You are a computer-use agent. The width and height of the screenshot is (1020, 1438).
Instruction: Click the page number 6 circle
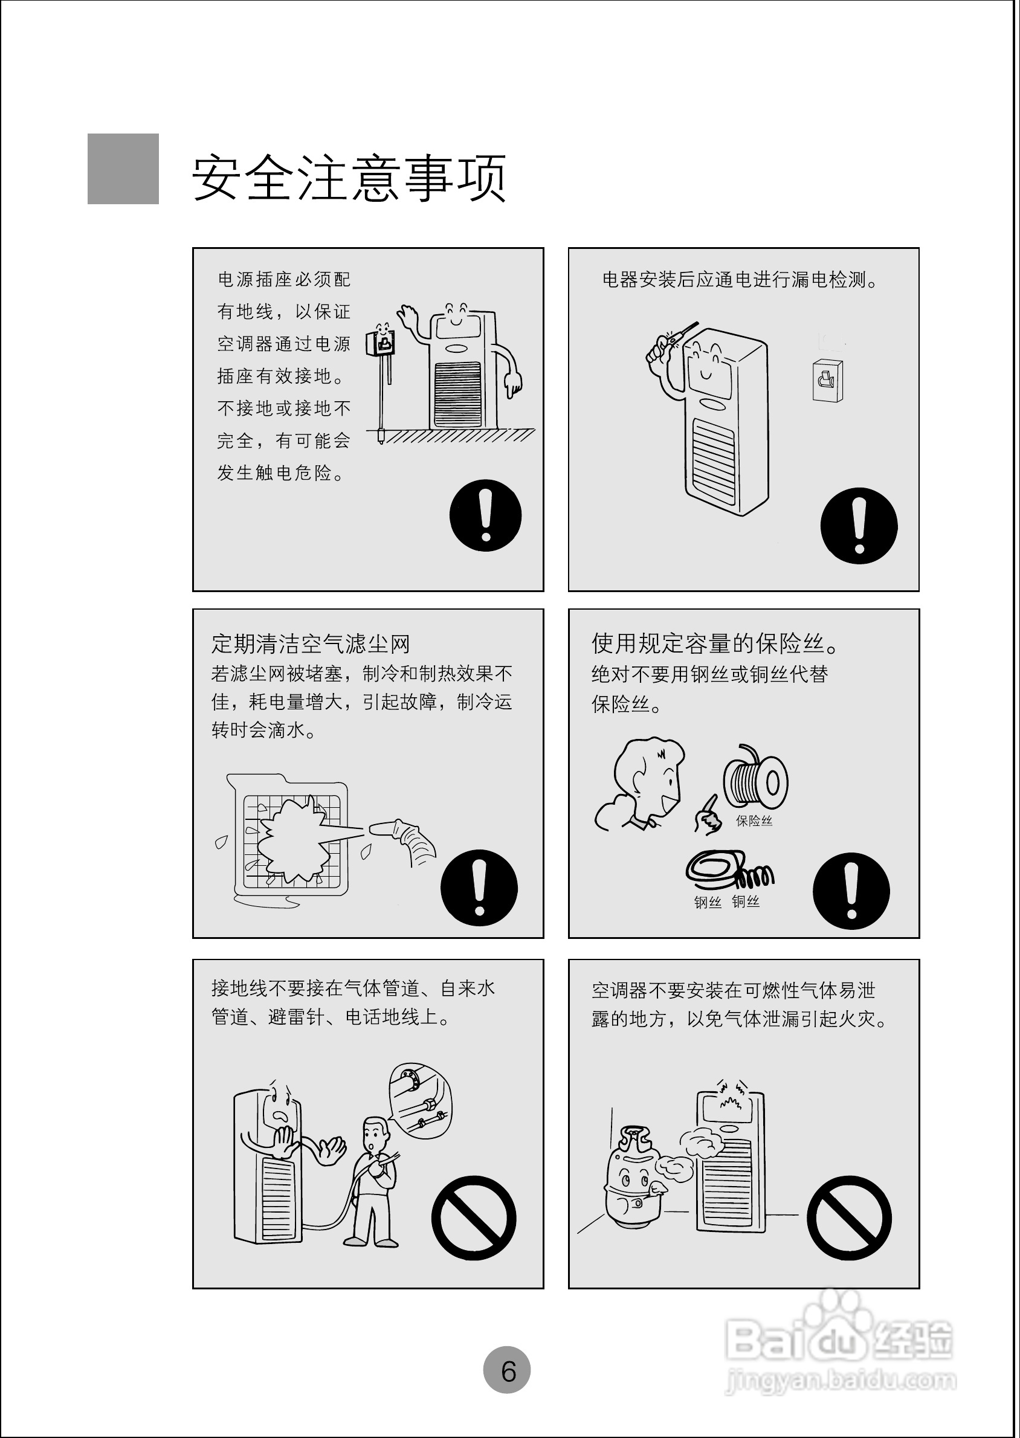[x=506, y=1370]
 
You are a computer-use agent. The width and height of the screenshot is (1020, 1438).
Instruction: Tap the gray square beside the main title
[x=123, y=169]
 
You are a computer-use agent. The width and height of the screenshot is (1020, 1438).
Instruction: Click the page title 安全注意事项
[x=349, y=178]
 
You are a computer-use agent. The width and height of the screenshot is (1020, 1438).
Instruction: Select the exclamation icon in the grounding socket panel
[x=485, y=515]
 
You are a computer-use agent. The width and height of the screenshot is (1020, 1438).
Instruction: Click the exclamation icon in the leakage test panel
[x=859, y=526]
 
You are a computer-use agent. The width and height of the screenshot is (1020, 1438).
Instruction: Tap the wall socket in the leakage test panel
[x=828, y=379]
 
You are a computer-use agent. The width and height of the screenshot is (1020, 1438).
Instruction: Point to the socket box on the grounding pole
[x=381, y=341]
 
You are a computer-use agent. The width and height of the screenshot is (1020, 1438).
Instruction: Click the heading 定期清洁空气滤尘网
[x=310, y=643]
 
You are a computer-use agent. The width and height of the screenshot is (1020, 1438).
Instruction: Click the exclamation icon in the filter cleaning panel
[x=479, y=888]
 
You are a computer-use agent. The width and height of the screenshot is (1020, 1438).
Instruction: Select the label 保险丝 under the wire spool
[x=754, y=821]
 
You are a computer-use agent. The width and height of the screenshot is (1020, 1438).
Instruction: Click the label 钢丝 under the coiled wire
[x=707, y=902]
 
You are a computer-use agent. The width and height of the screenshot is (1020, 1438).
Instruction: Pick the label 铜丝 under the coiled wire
[x=746, y=901]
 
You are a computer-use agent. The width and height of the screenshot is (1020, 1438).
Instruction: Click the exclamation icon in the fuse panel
[x=851, y=891]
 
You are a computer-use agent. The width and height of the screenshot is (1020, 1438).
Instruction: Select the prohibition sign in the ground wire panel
[x=474, y=1217]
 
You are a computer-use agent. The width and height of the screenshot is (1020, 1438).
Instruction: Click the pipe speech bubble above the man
[x=419, y=1098]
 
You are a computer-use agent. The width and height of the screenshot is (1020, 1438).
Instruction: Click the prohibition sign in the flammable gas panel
[x=848, y=1217]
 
